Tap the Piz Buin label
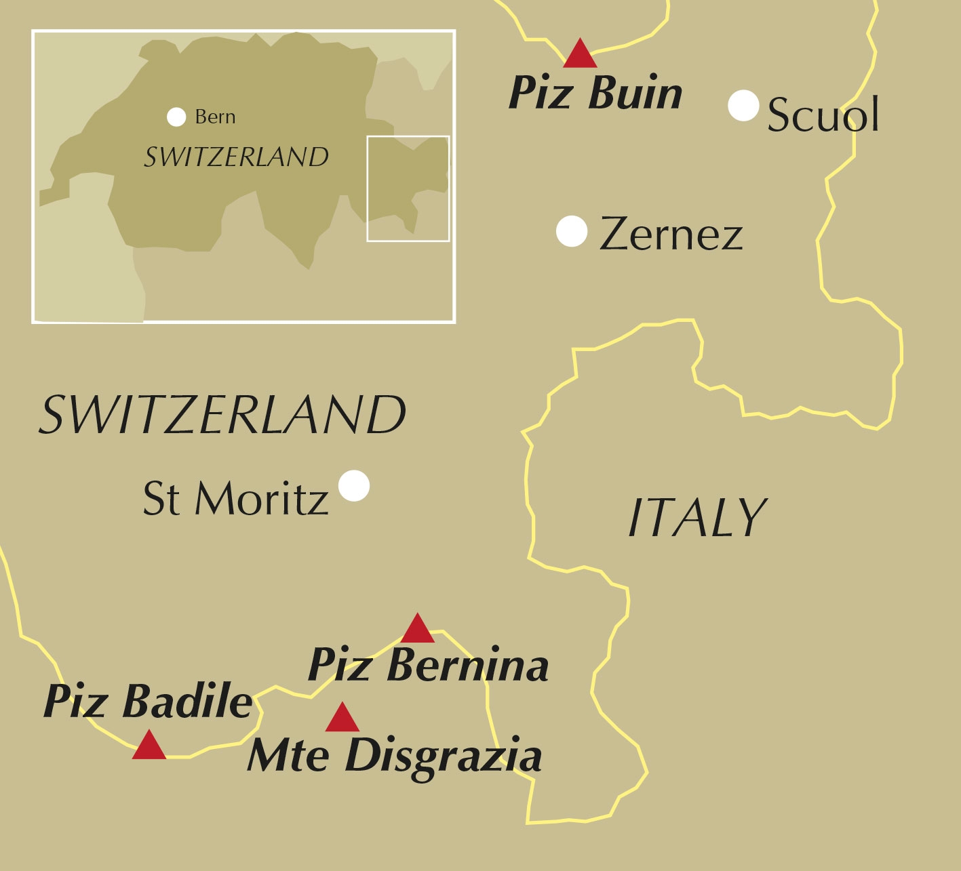click(595, 93)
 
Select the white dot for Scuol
click(743, 106)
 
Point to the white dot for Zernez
click(572, 232)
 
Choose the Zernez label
click(671, 235)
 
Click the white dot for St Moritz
click(354, 485)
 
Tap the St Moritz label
click(235, 498)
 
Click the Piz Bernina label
click(428, 665)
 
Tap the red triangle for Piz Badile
click(149, 746)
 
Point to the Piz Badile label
click(148, 701)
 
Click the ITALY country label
click(697, 518)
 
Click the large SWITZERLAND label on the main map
click(222, 415)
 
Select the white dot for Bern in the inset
click(176, 117)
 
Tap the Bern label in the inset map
click(215, 117)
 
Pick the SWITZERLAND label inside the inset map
click(236, 157)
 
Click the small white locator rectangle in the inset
click(408, 188)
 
